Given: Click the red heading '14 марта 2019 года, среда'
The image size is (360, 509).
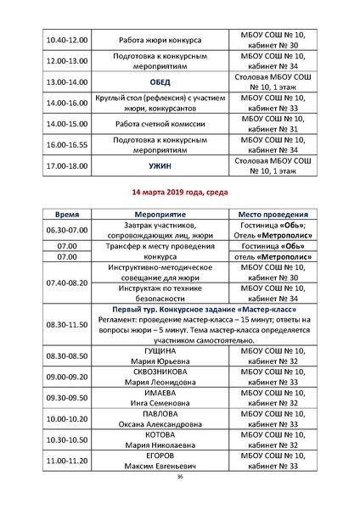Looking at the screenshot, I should (x=180, y=192).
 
